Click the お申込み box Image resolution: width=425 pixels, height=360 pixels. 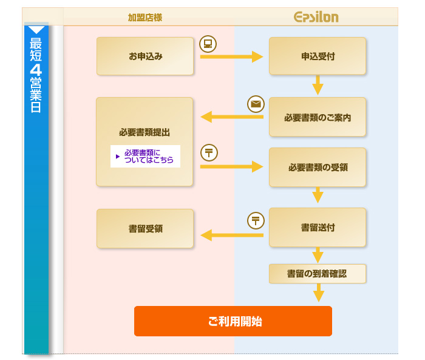pyautogui.click(x=145, y=56)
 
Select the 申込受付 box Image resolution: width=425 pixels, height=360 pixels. pyautogui.click(x=318, y=56)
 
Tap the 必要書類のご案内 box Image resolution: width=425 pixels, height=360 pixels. pyautogui.click(x=318, y=117)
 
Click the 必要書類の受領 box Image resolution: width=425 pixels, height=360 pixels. pyautogui.click(x=318, y=168)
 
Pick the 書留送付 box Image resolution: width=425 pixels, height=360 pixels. pyautogui.click(x=318, y=228)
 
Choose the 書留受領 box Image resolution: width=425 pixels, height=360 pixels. pyautogui.click(x=145, y=228)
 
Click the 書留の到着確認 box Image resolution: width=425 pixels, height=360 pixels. pyautogui.click(x=318, y=274)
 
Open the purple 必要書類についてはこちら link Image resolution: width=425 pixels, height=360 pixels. pyautogui.click(x=146, y=157)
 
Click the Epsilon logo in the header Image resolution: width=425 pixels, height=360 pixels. pyautogui.click(x=316, y=17)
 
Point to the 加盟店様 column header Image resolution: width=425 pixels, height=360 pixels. pyautogui.click(x=145, y=18)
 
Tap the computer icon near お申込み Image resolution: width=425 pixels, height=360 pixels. pyautogui.click(x=208, y=44)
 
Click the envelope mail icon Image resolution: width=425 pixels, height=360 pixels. pyautogui.click(x=256, y=104)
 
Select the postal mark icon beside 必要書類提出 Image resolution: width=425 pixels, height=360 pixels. pyautogui.click(x=209, y=152)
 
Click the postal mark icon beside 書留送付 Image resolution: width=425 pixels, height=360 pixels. pyautogui.click(x=256, y=220)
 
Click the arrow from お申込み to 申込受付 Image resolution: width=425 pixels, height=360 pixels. pyautogui.click(x=232, y=56)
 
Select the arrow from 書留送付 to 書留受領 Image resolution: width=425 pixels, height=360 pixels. pyautogui.click(x=232, y=235)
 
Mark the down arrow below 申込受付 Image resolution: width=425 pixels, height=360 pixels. pyautogui.click(x=318, y=85)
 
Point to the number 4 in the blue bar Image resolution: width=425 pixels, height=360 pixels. pyautogui.click(x=36, y=70)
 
